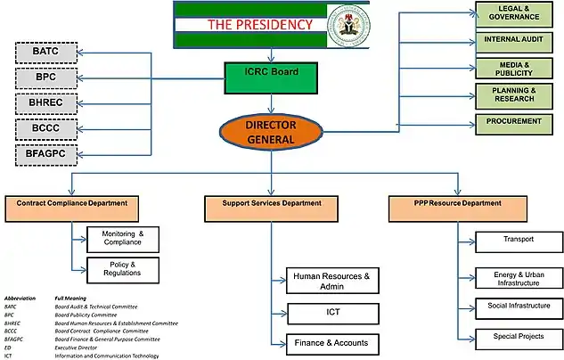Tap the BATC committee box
[45, 53]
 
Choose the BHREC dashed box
[45, 104]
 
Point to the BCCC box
[45, 130]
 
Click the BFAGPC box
[45, 155]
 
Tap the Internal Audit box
[519, 41]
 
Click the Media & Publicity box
[519, 69]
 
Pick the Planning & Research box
[519, 94]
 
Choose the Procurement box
[519, 122]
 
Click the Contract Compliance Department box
[72, 208]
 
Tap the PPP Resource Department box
[459, 208]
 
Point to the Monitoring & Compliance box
[124, 238]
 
